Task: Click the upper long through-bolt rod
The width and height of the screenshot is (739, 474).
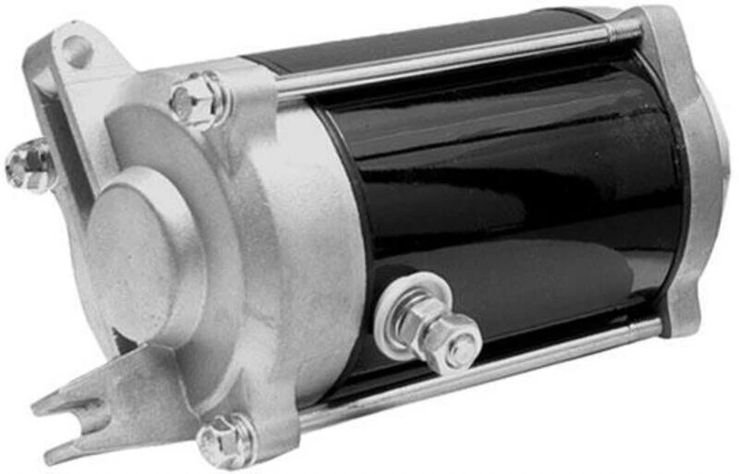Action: (x=443, y=58)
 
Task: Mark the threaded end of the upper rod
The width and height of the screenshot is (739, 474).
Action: (x=624, y=30)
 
